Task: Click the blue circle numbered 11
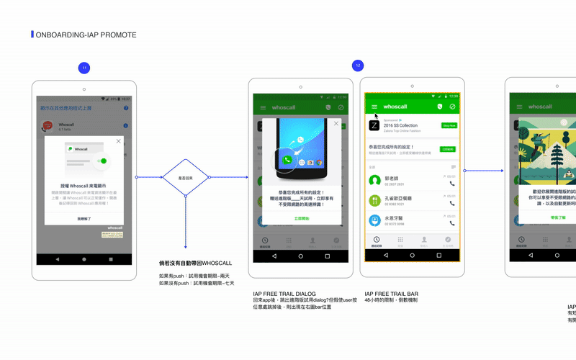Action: point(84,68)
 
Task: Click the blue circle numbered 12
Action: point(358,66)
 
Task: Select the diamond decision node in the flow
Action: point(185,177)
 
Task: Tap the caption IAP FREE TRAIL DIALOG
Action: point(284,294)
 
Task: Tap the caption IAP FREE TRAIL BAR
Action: point(391,294)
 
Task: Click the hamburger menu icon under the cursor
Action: point(374,107)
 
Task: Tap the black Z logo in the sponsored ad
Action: point(374,125)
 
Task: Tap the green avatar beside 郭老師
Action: point(374,180)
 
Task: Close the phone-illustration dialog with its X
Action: point(336,123)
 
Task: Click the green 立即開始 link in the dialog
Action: point(302,217)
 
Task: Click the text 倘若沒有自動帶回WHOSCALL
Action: point(195,264)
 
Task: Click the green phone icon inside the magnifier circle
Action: point(287,160)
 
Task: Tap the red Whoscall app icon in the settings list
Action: point(48,126)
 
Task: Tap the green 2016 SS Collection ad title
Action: point(399,125)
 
